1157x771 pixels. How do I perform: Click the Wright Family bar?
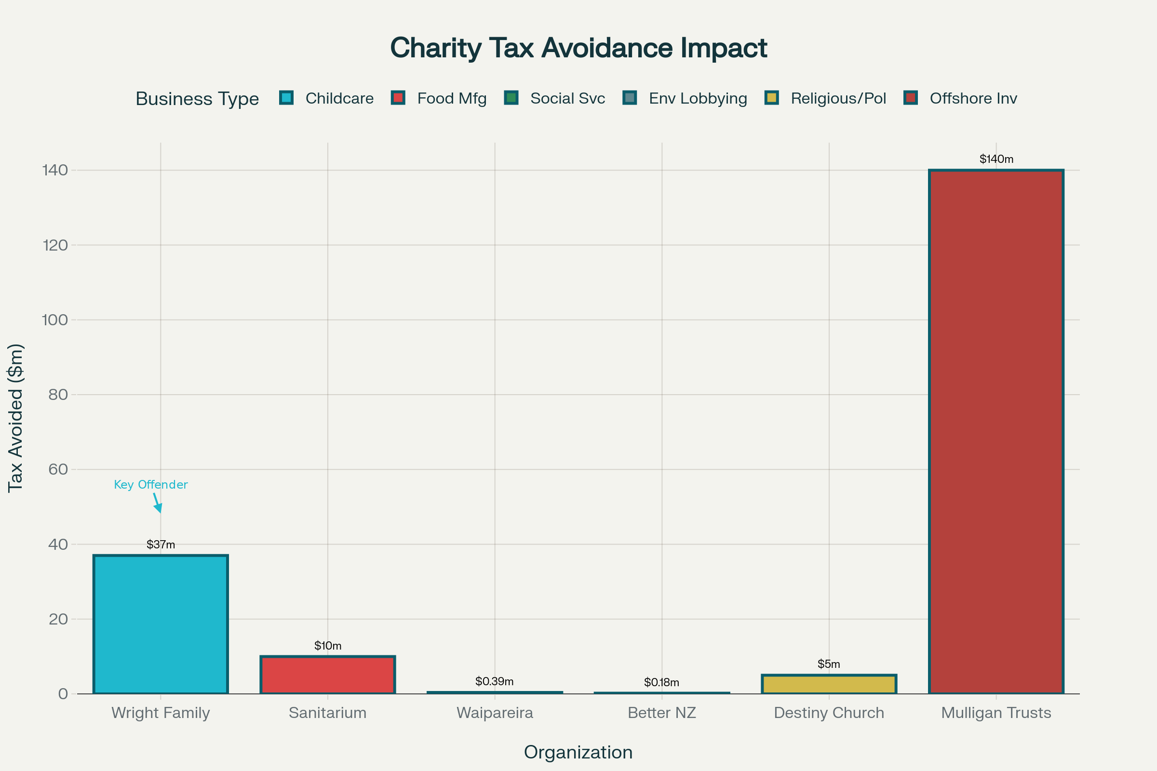pos(161,625)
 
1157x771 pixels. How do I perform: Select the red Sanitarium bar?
pos(328,675)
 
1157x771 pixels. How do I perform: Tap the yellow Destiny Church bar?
pos(829,684)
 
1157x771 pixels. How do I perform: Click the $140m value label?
pos(996,160)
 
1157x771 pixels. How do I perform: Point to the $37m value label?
pos(161,545)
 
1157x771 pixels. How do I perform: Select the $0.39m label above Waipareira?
pos(495,681)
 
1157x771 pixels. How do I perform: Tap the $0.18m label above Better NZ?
pos(661,682)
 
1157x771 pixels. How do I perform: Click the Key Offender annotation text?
pos(150,485)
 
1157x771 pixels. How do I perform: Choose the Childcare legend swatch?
pos(286,98)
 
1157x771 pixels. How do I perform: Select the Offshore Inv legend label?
pos(973,98)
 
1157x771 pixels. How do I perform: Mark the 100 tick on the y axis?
pos(55,320)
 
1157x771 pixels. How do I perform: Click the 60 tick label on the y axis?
pos(58,469)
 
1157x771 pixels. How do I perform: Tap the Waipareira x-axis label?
pos(495,713)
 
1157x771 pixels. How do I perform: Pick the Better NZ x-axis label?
pos(661,713)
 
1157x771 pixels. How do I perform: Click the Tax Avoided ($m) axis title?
pos(16,418)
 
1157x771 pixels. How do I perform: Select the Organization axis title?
pos(578,753)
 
